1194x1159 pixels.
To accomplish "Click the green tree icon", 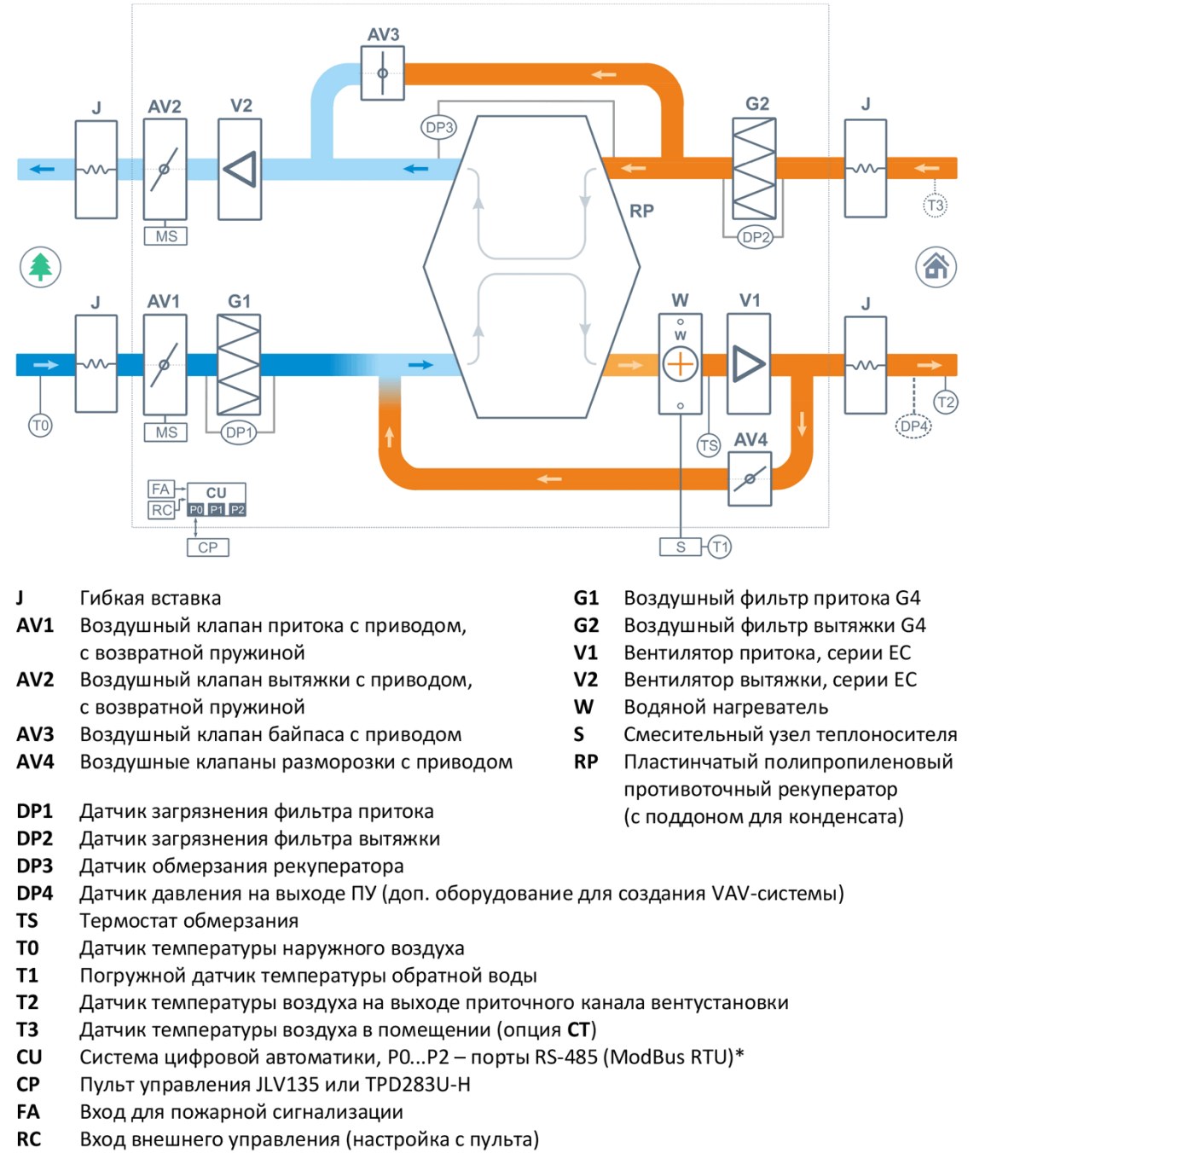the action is [x=40, y=267].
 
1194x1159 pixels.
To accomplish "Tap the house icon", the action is [x=935, y=267].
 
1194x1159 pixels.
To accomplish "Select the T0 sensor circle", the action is [x=40, y=426].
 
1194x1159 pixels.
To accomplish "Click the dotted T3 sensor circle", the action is [x=935, y=205].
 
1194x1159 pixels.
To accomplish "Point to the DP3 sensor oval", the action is [x=438, y=128].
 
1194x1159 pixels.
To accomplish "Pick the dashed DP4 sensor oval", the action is [x=913, y=426].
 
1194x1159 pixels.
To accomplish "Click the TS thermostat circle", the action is [x=708, y=445].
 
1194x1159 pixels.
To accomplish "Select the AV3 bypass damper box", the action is [x=382, y=73].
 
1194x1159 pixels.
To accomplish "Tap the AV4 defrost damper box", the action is [x=749, y=479].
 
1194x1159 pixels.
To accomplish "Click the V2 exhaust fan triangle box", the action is [x=240, y=170].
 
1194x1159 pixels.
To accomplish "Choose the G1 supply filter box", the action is [x=239, y=365].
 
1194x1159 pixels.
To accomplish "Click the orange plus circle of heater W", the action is [x=680, y=364].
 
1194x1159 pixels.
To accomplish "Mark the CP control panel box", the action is [x=208, y=548].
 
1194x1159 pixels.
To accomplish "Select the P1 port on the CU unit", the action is [x=217, y=510].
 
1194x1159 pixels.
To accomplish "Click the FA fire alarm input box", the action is [x=160, y=489].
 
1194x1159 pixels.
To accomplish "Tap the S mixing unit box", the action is [x=681, y=547].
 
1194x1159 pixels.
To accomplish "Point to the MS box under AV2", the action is [x=165, y=236].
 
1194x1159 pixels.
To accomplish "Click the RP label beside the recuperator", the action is [x=642, y=211].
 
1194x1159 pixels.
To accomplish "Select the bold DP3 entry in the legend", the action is [x=35, y=866].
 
